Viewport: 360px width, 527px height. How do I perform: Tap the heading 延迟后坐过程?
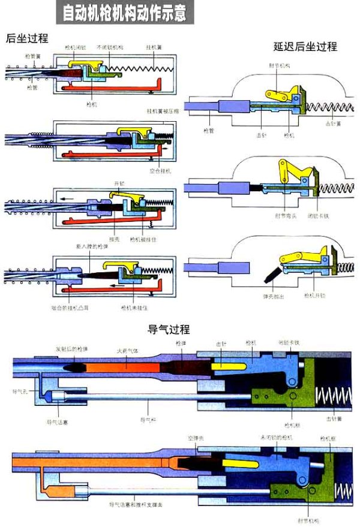pos(296,46)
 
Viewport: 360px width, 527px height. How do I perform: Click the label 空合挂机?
pos(160,171)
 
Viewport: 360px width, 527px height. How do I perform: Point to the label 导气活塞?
pos(58,422)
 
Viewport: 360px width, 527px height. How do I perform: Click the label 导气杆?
pos(145,422)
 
